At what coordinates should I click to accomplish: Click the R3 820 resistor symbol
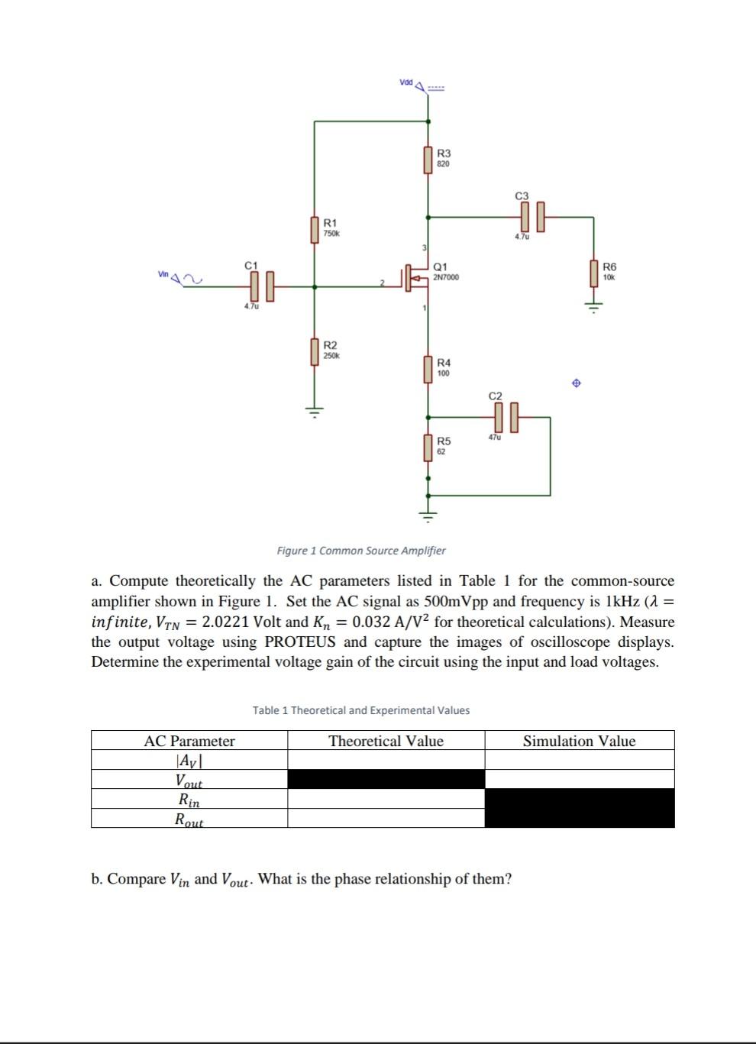(428, 160)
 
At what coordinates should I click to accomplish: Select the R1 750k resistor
(315, 229)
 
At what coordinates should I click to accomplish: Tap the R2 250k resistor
(315, 352)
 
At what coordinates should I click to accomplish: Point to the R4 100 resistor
(428, 369)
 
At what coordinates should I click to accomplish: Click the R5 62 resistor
(428, 448)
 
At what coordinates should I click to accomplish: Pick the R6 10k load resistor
(593, 273)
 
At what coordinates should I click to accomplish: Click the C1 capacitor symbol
(260, 286)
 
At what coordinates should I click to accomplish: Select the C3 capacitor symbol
(532, 217)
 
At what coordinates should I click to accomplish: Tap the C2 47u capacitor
(506, 417)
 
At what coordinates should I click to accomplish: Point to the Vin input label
(163, 274)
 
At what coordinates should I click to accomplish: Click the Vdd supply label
(405, 82)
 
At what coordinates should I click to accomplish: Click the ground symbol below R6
(593, 307)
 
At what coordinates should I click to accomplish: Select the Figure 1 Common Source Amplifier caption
(361, 551)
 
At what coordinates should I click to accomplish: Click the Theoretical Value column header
(386, 741)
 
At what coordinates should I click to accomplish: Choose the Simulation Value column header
(579, 741)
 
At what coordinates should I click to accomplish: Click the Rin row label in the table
(189, 800)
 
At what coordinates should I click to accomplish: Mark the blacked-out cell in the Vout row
(386, 780)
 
